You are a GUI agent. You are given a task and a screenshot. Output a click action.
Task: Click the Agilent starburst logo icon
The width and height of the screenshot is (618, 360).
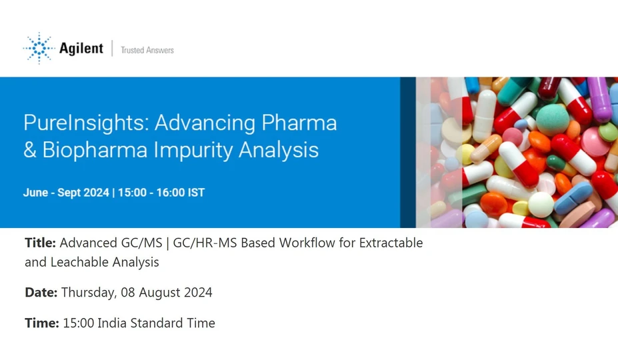(x=39, y=48)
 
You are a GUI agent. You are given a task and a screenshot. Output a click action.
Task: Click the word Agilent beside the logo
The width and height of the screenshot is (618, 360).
(x=81, y=49)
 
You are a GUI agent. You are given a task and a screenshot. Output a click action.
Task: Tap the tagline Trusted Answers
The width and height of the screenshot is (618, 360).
(x=147, y=50)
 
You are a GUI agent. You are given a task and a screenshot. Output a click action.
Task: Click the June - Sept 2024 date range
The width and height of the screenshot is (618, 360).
(x=65, y=193)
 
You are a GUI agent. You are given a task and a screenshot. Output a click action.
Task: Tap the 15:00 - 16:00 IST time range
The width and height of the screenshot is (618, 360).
(x=161, y=193)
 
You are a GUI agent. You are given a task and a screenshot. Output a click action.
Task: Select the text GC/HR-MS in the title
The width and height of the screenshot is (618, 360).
(x=205, y=243)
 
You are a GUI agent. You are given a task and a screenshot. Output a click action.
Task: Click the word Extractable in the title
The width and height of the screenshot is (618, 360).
(x=391, y=243)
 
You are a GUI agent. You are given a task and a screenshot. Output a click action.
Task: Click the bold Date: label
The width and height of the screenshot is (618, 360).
(x=41, y=293)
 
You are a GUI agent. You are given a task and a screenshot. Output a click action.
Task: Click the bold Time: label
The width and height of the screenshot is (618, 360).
(x=42, y=323)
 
